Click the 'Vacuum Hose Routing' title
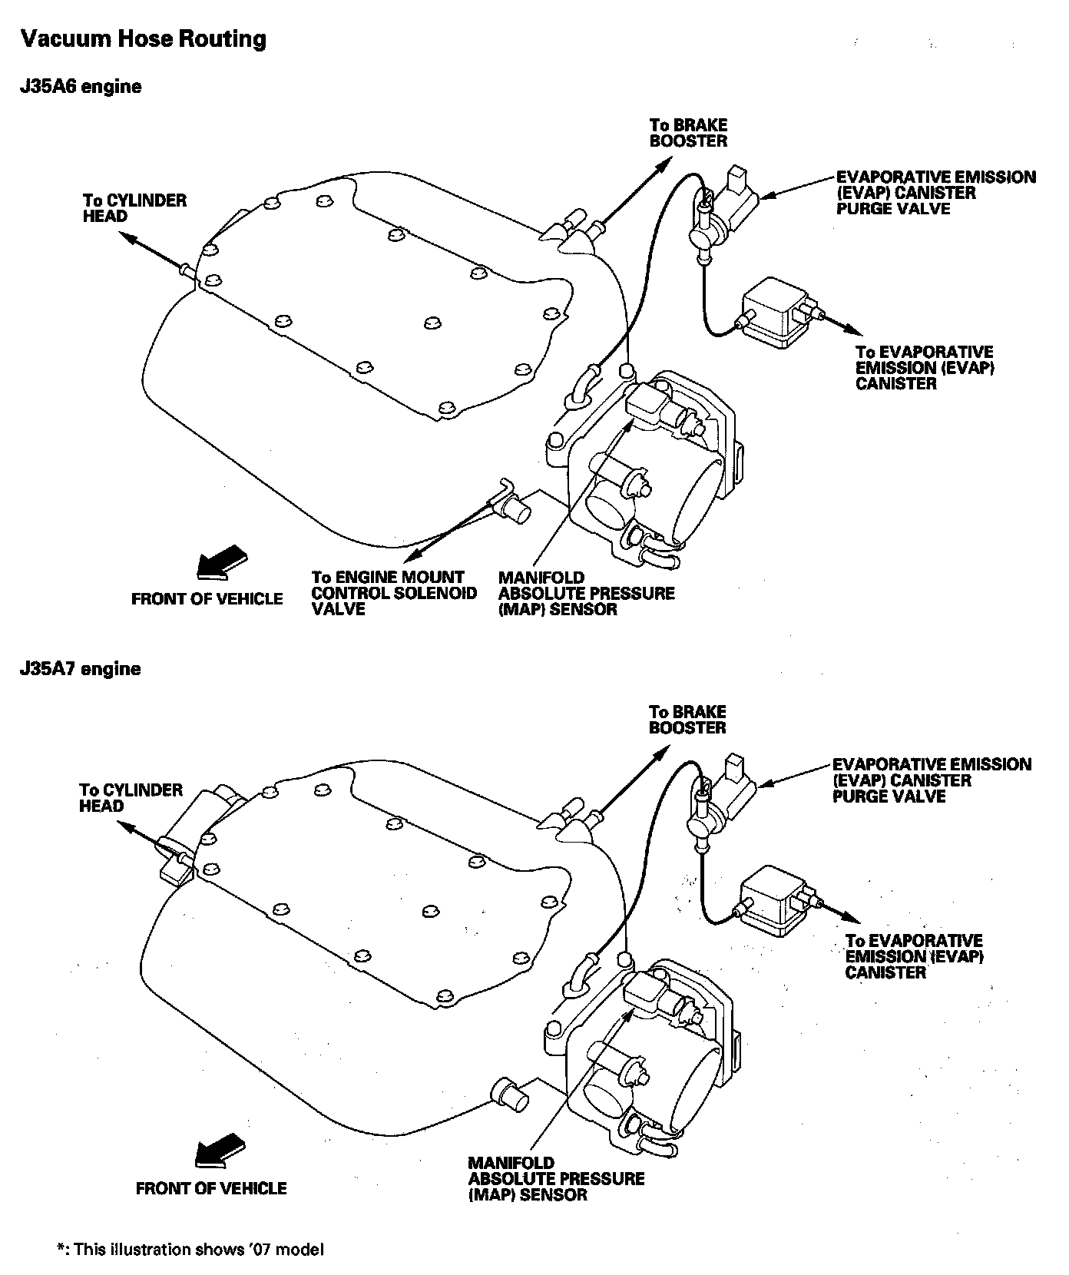143,38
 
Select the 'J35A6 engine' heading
81,87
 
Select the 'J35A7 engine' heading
81,669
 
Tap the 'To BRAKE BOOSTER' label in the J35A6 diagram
688,133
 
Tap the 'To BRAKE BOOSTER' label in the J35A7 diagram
687,720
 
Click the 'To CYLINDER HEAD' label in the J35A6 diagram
134,208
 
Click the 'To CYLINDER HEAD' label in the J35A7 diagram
131,798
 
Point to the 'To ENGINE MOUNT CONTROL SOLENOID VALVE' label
394,593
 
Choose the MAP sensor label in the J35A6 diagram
586,593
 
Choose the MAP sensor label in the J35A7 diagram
556,1179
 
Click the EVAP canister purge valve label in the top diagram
935,193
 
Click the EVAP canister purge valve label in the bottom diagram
932,780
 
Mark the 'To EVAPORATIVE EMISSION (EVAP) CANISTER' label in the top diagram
924,368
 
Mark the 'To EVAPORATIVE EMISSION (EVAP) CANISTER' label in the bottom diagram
914,956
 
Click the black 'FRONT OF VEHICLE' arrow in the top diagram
223,561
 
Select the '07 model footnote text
191,1250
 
